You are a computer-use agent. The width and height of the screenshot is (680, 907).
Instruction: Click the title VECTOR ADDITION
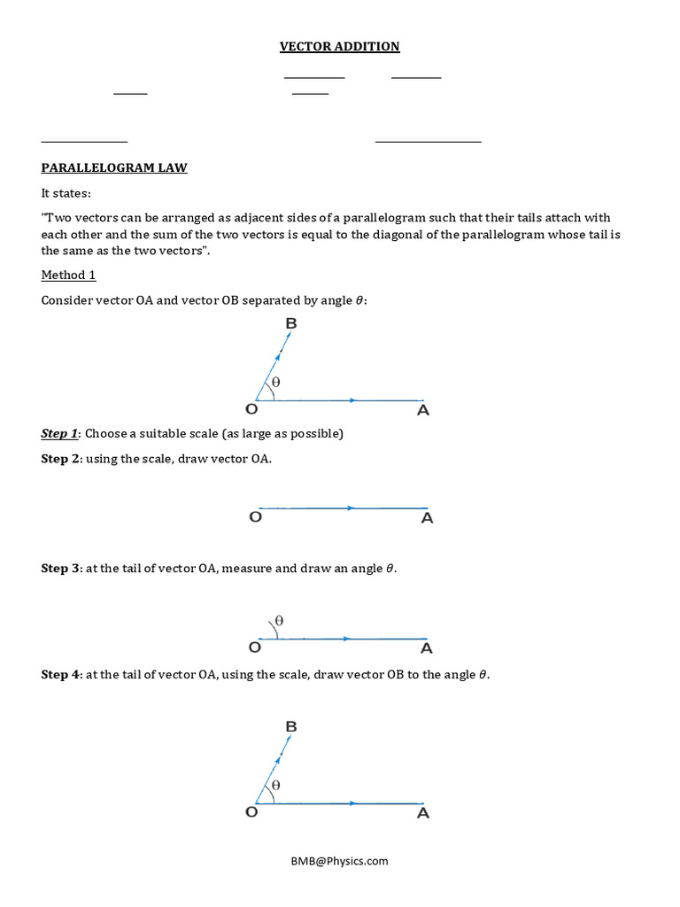(340, 46)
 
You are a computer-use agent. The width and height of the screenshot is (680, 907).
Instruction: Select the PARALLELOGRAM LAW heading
(114, 167)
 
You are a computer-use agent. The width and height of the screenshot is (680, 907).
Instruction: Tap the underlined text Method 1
(68, 275)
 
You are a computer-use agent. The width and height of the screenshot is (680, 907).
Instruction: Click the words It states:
(66, 193)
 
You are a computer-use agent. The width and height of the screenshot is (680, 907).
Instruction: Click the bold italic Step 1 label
(59, 433)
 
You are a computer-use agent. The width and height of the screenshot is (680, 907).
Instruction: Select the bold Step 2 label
(60, 459)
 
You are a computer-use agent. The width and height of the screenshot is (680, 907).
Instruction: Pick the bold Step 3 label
(60, 568)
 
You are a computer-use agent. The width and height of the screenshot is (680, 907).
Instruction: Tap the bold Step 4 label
(60, 674)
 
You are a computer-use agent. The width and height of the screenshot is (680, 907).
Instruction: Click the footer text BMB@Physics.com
(341, 860)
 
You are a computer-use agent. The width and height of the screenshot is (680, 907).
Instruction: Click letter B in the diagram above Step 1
(290, 324)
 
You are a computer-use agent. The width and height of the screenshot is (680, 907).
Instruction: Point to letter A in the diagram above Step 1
(423, 410)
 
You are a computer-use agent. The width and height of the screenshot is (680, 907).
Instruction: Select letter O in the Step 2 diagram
(255, 517)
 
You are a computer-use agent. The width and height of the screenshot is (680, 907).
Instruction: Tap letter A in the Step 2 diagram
(427, 518)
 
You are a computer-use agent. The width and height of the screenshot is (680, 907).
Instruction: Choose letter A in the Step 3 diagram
(427, 648)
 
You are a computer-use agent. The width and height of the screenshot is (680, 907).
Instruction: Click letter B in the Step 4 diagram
(290, 726)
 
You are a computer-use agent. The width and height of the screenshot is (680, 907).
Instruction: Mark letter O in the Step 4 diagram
(251, 812)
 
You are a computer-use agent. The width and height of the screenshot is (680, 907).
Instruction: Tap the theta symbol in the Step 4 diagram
(276, 785)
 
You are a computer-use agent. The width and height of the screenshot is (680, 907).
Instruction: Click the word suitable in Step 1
(155, 433)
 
